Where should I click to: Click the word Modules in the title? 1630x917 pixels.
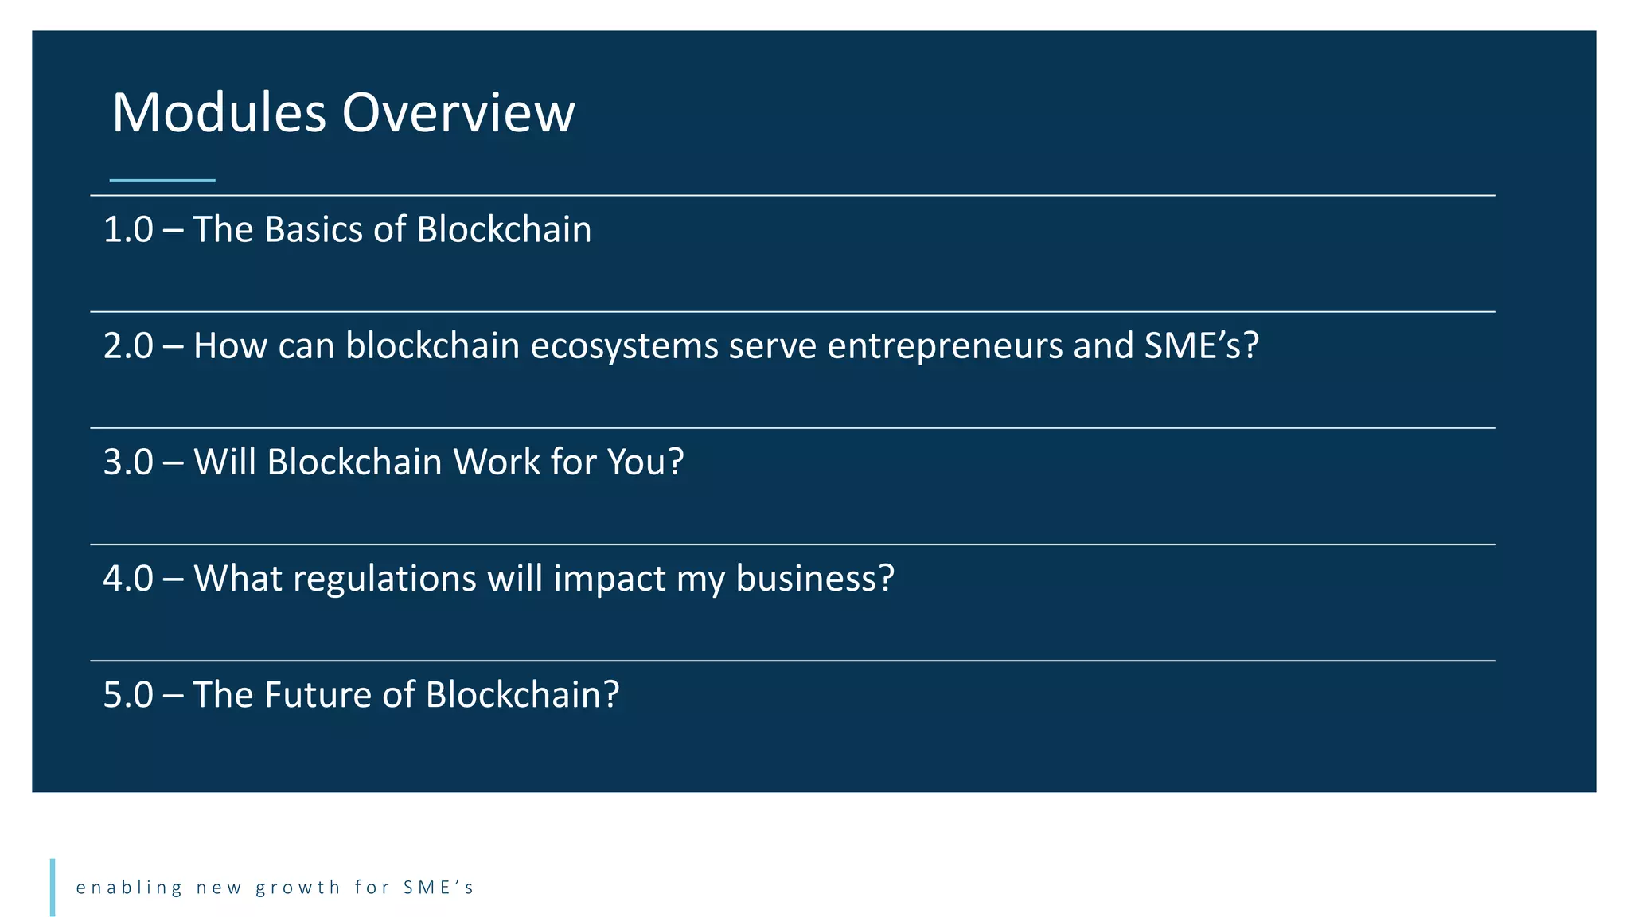point(219,113)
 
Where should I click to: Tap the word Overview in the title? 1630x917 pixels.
point(458,113)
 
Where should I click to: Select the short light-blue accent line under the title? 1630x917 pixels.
point(162,181)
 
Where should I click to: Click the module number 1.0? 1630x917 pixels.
point(128,230)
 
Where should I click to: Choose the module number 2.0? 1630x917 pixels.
point(128,346)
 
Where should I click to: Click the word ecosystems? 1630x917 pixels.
point(624,346)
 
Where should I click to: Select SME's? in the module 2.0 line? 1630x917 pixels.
point(1201,346)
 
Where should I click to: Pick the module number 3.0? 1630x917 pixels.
point(128,462)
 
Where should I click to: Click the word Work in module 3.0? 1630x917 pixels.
point(497,462)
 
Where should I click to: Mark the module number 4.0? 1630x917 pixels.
point(128,579)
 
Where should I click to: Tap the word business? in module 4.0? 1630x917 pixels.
point(815,579)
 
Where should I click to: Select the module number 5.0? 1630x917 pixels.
point(128,695)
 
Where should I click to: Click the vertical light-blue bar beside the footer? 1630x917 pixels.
point(53,887)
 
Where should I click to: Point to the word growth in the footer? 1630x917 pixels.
point(298,888)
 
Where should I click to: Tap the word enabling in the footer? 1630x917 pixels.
point(130,888)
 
